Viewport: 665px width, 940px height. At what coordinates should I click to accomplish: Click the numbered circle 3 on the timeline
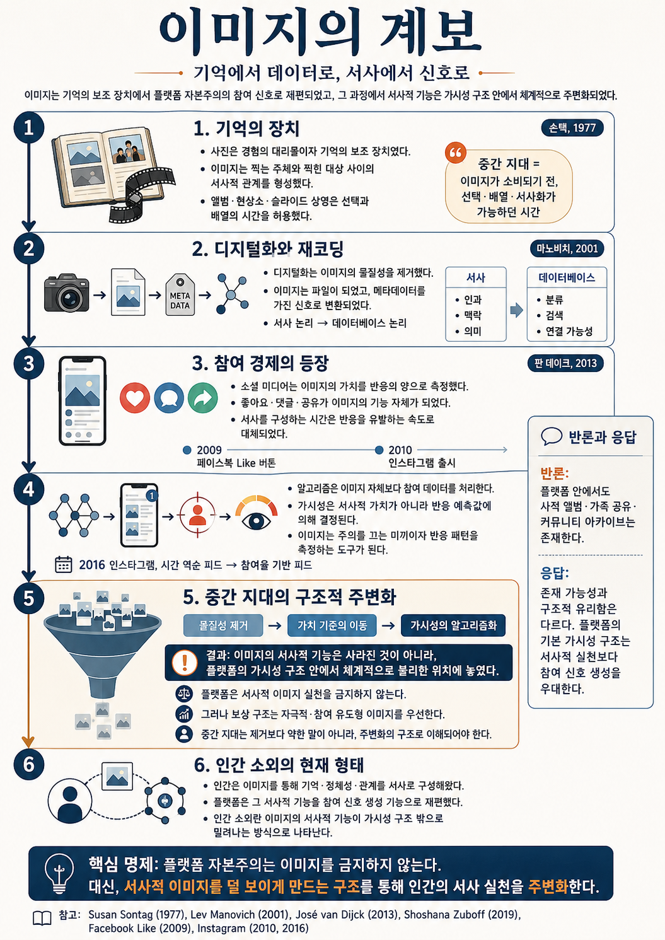point(28,363)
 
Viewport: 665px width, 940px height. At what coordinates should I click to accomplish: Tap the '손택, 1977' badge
point(572,128)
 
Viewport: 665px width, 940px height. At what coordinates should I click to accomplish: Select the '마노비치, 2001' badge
point(567,248)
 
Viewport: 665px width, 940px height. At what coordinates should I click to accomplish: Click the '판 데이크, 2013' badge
point(565,363)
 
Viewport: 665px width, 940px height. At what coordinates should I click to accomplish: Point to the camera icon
point(67,293)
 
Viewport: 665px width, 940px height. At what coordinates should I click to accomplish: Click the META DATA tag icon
point(180,294)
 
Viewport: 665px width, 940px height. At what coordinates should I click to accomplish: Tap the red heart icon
point(135,398)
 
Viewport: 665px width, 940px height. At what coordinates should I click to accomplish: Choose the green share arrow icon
point(202,398)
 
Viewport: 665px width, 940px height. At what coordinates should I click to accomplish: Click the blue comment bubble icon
point(169,398)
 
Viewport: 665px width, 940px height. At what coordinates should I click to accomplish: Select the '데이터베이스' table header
point(567,277)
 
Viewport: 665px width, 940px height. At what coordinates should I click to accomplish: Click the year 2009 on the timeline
point(209,450)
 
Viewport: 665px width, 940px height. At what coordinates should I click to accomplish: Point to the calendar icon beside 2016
point(64,564)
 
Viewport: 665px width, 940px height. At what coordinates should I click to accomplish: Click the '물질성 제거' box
point(223,625)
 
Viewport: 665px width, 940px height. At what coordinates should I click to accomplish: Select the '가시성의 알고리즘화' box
point(453,625)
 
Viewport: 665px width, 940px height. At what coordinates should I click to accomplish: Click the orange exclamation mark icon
point(185,663)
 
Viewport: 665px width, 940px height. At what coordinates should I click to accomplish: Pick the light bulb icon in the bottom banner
point(60,874)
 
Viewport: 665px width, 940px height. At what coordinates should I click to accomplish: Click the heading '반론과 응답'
point(602,437)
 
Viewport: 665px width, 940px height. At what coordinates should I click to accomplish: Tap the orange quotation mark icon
point(456,153)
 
